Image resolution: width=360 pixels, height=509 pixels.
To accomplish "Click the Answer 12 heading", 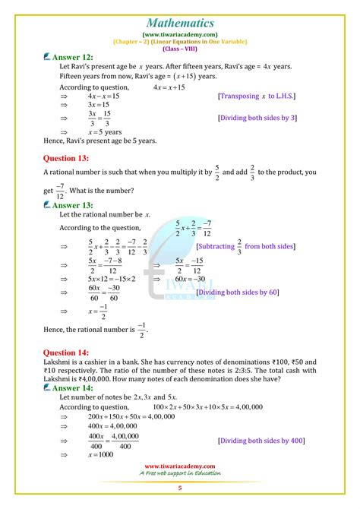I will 74,58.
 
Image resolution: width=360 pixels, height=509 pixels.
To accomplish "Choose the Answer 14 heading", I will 74,387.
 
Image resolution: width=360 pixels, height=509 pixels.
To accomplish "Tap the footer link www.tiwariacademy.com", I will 180,466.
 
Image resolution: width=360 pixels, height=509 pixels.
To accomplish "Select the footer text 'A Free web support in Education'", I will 180,473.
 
